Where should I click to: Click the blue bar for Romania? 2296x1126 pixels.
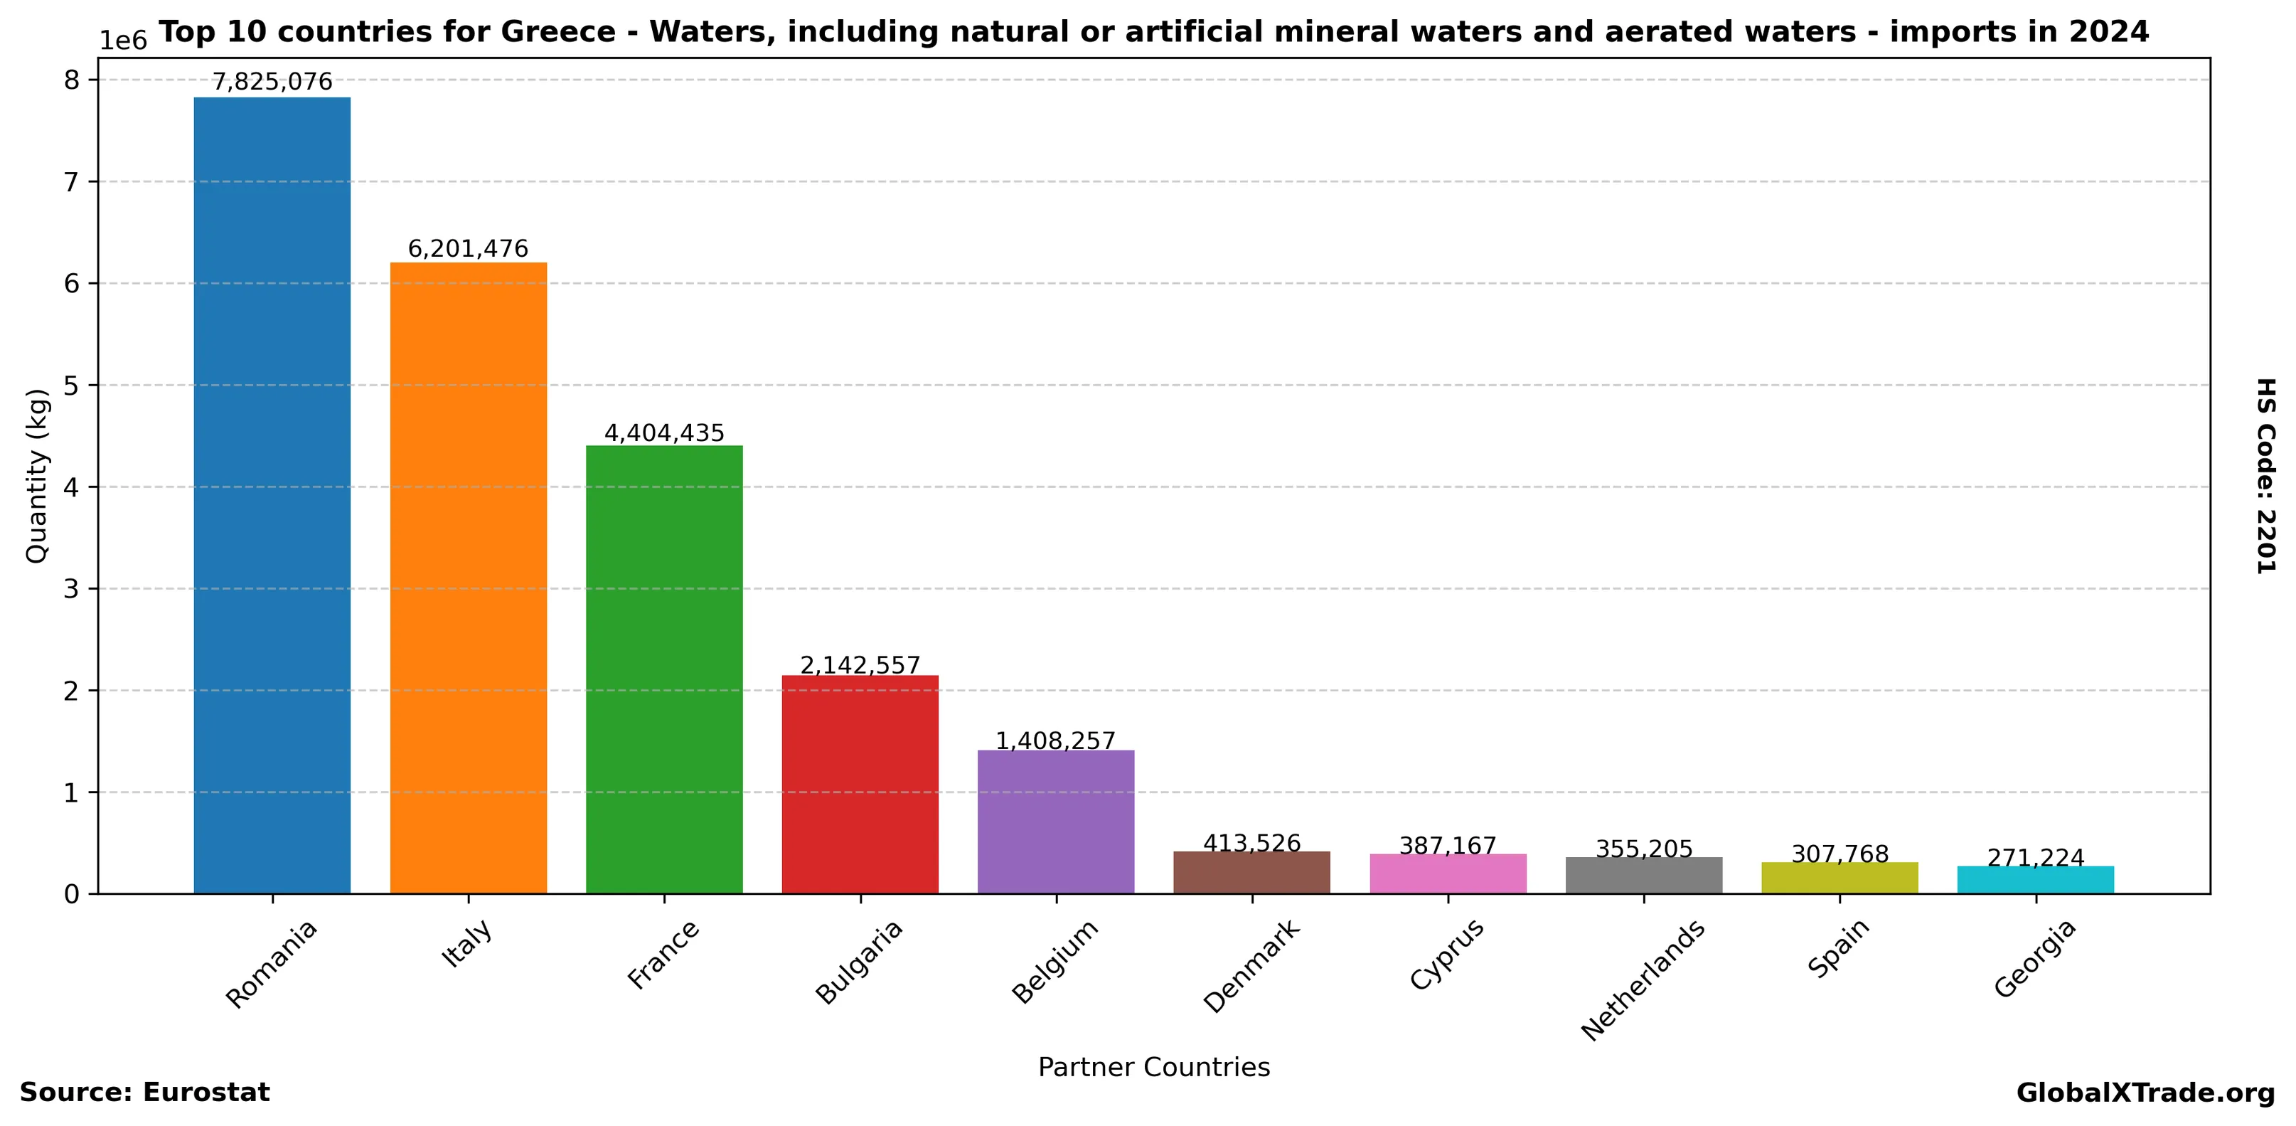pyautogui.click(x=272, y=495)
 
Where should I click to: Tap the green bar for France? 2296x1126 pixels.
pyautogui.click(x=664, y=669)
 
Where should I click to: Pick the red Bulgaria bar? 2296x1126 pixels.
pyautogui.click(x=860, y=784)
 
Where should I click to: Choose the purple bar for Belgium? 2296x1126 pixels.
pyautogui.click(x=1055, y=821)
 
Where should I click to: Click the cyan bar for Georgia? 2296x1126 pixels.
pyautogui.click(x=2035, y=879)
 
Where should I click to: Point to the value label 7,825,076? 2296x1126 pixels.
pyautogui.click(x=272, y=82)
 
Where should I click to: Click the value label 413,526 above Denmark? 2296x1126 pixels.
pyautogui.click(x=1251, y=842)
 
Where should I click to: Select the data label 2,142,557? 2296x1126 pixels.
pyautogui.click(x=860, y=665)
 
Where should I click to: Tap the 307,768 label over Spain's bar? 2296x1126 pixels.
pyautogui.click(x=1840, y=854)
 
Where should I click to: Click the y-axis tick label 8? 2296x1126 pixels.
pyautogui.click(x=71, y=80)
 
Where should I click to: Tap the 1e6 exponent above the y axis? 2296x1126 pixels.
pyautogui.click(x=122, y=40)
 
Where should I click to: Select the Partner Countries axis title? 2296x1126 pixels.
pyautogui.click(x=1153, y=1067)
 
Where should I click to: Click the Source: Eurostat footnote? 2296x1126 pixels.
pyautogui.click(x=144, y=1092)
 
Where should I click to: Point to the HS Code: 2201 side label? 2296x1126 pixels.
pyautogui.click(x=2265, y=475)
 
